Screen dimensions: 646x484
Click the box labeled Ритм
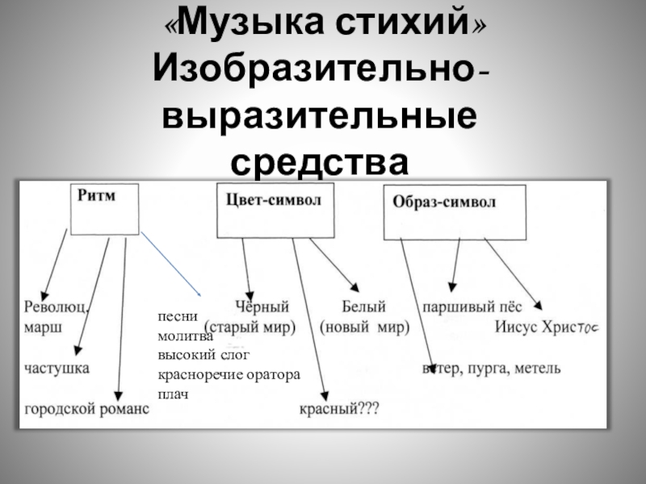tap(105, 207)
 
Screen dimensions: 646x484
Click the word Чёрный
tap(262, 307)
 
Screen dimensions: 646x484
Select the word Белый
tap(364, 307)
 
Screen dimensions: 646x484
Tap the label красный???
tap(338, 410)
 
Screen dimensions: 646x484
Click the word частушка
tap(57, 368)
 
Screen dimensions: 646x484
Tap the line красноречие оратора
tap(229, 374)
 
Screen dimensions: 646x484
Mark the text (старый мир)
tap(251, 328)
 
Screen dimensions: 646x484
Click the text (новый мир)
tap(364, 328)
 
